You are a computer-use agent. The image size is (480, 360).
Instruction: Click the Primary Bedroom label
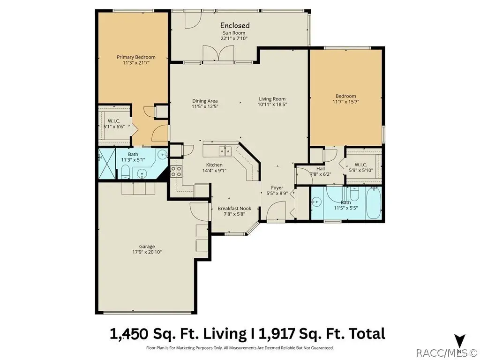(136, 57)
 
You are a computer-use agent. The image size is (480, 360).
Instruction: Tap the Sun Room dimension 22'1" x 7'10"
(234, 38)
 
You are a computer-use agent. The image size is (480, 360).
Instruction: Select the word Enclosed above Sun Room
(235, 25)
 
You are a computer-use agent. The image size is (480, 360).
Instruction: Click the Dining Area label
(205, 101)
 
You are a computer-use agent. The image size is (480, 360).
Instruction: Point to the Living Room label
(272, 99)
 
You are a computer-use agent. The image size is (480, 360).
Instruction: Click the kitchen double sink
(225, 151)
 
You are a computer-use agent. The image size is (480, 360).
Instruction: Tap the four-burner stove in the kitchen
(176, 172)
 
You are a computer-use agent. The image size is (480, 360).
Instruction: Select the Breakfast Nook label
(234, 209)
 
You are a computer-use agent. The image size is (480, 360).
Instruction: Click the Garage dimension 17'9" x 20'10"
(147, 252)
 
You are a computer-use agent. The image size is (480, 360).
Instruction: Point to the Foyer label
(277, 187)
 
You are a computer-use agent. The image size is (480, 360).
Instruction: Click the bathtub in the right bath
(373, 203)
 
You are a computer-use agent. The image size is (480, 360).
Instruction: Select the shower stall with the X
(107, 164)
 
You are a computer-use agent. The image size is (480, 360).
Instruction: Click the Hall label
(321, 169)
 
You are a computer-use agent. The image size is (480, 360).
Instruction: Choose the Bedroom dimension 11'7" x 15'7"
(346, 102)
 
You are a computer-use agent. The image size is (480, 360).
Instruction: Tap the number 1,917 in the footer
(277, 334)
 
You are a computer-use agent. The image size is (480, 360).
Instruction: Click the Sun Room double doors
(219, 55)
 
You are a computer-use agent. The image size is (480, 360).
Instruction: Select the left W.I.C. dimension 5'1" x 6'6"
(114, 127)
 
